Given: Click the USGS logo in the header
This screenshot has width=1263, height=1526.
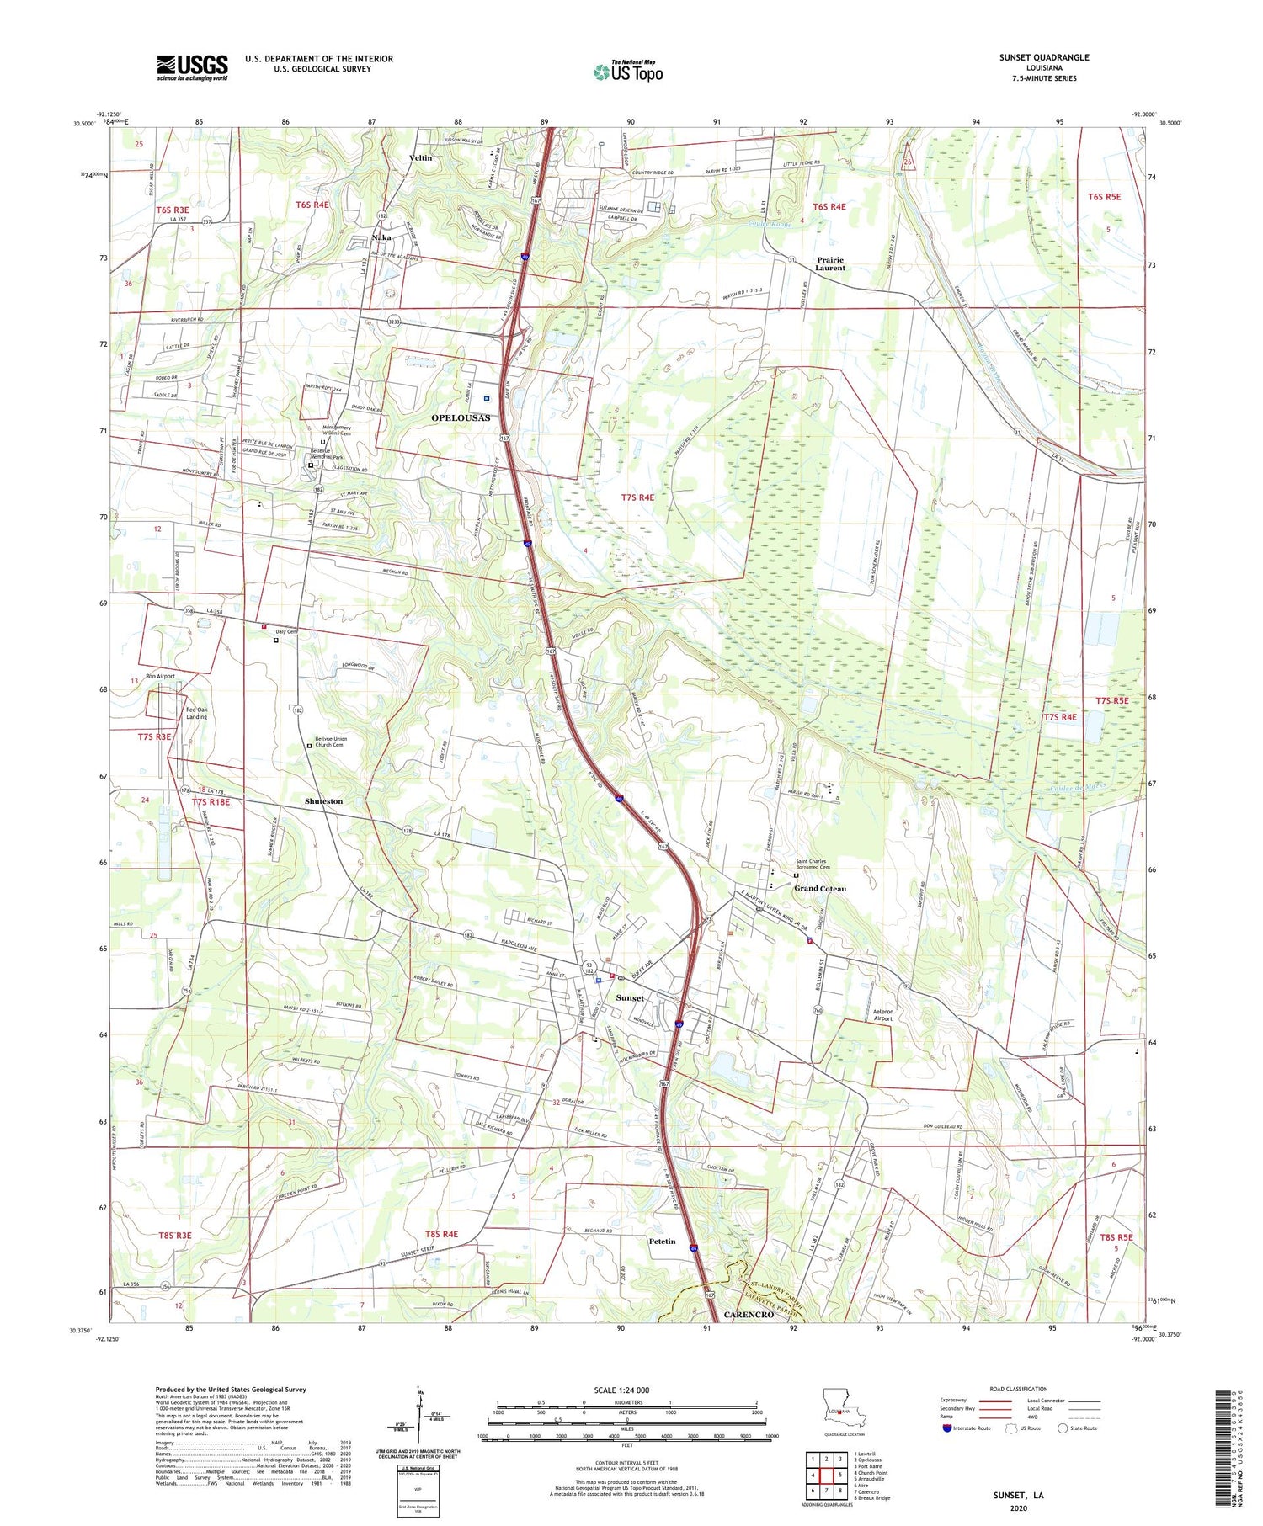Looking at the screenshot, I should click(x=192, y=67).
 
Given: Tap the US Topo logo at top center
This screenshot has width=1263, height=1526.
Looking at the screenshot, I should click(x=628, y=72).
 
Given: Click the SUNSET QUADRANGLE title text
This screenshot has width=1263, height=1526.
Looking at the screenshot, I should click(x=1043, y=57).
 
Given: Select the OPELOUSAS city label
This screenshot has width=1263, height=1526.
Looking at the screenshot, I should click(x=461, y=418).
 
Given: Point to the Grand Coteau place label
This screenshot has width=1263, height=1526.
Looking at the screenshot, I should click(x=820, y=889).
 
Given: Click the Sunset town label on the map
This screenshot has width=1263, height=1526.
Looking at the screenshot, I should click(x=630, y=998).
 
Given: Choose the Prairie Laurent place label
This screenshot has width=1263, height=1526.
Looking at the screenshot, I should click(x=830, y=263).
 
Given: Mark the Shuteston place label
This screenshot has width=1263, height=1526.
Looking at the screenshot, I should click(x=323, y=801).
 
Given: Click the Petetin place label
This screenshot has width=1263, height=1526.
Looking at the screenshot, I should click(x=663, y=1242).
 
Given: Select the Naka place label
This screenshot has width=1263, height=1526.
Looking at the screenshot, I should click(x=381, y=238).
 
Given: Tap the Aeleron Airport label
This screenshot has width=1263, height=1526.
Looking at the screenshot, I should click(x=894, y=1014).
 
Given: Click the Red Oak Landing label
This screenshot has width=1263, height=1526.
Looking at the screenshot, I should click(x=196, y=713).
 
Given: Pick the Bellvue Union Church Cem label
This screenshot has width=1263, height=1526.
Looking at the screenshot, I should click(x=330, y=742).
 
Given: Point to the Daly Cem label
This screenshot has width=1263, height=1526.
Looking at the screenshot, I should click(x=287, y=631).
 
